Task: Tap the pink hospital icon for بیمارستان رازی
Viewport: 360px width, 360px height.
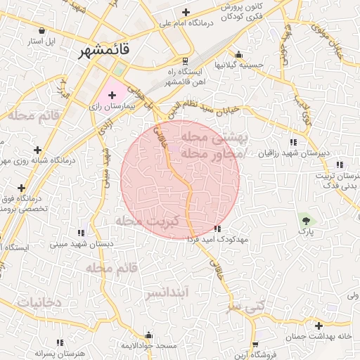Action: (x=112, y=94)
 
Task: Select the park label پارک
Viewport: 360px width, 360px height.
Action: (x=306, y=230)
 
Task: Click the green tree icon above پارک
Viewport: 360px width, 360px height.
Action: (x=305, y=219)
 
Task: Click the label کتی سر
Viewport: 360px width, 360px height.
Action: (x=248, y=307)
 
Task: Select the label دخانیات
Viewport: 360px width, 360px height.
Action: (x=39, y=302)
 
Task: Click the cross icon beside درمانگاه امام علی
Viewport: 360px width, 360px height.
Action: (x=186, y=12)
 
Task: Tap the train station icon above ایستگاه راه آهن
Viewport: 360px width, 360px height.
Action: (x=185, y=61)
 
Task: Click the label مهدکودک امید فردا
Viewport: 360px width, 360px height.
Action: (x=217, y=240)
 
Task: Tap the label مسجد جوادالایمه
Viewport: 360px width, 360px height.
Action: (x=148, y=347)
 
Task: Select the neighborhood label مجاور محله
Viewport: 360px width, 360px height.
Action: (x=212, y=152)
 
